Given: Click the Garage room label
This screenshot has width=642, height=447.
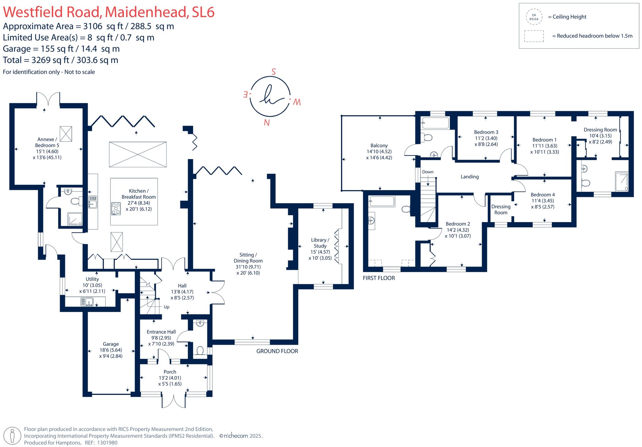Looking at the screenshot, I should tap(111, 344).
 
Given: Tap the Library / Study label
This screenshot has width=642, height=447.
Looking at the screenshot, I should tap(320, 243).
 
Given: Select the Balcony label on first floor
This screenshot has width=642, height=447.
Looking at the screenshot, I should tap(379, 146).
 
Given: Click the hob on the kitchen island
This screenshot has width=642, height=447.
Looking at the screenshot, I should tap(116, 209).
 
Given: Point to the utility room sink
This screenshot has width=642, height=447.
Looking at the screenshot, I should tap(87, 302).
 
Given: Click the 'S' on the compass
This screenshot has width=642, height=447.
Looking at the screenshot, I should tap(273, 72).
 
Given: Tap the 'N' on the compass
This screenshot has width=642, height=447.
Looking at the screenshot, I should tap(266, 122).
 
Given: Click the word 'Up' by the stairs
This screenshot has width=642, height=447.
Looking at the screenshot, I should tap(166, 307).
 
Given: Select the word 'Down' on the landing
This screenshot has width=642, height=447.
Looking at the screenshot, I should tap(428, 172).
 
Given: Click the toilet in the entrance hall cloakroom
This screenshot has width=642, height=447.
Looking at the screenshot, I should tap(200, 350).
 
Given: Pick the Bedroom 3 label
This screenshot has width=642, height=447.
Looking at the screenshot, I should tap(486, 132).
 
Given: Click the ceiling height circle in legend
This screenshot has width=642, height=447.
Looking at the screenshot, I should tap(534, 17).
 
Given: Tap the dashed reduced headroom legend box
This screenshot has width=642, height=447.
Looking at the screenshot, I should tap(534, 36).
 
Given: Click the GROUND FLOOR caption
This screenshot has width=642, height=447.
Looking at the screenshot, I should tap(277, 351).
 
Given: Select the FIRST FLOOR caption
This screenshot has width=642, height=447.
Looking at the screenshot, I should tap(379, 278).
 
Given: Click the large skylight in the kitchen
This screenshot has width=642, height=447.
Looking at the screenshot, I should tap(138, 154).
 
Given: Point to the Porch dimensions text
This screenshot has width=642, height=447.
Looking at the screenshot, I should tap(170, 381).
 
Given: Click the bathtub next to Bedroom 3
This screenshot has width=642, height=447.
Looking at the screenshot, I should tap(435, 123).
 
